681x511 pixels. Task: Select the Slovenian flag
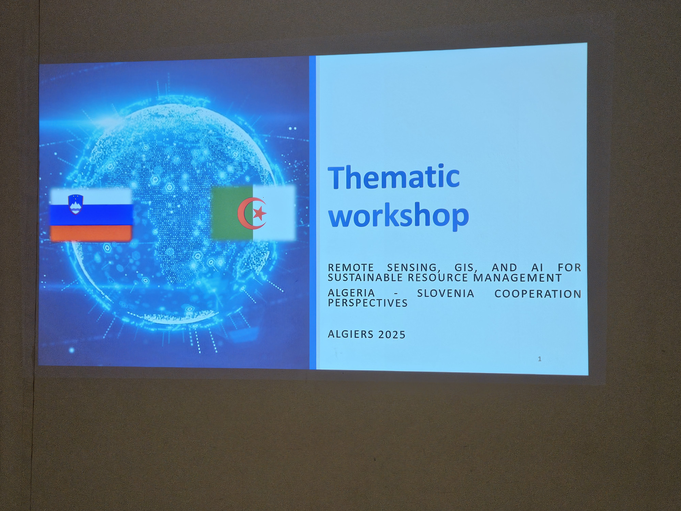(x=91, y=215)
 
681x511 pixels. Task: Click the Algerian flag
(x=253, y=213)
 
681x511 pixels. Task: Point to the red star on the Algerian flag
(x=260, y=213)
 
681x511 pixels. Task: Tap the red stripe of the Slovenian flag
(x=91, y=234)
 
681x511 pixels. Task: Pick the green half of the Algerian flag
(x=232, y=213)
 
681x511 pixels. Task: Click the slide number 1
(x=540, y=359)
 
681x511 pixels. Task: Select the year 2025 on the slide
(x=391, y=335)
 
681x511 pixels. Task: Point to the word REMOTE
(x=351, y=267)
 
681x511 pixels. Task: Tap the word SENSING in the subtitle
(x=411, y=268)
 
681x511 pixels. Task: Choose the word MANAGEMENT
(x=517, y=278)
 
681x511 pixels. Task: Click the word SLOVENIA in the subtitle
(x=445, y=293)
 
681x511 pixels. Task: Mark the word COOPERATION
(x=538, y=294)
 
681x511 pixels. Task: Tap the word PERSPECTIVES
(x=368, y=303)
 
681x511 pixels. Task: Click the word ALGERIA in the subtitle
(x=351, y=293)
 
